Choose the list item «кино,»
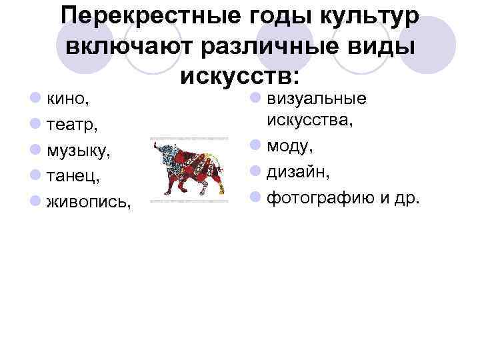[x=69, y=99]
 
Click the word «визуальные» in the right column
[x=317, y=99]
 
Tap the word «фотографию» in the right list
[x=319, y=197]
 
